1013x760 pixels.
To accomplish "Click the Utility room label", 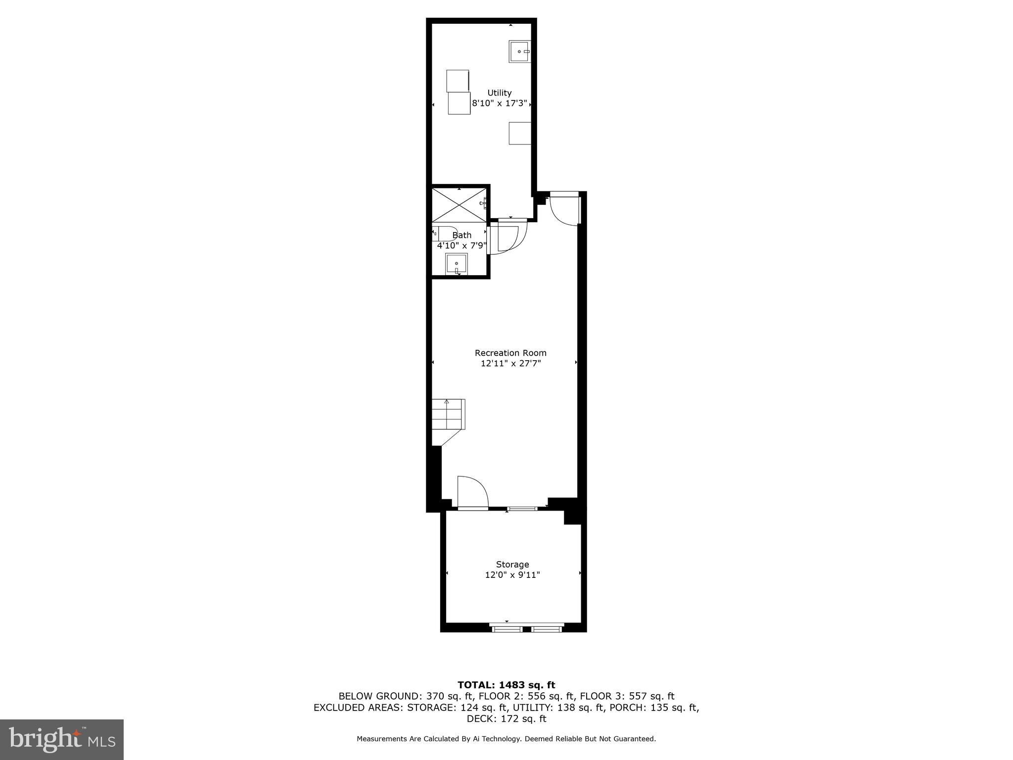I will (499, 93).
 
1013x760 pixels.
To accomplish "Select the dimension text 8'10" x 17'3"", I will (500, 104).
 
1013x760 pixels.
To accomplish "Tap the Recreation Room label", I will (510, 353).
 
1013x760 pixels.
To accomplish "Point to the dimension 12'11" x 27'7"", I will (510, 364).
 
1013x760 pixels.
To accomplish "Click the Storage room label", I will (512, 565).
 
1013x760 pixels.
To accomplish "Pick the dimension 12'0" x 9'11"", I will (512, 575).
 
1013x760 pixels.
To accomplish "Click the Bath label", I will (462, 235).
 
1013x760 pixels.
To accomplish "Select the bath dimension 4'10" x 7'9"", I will (462, 245).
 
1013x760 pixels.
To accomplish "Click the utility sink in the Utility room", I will (519, 51).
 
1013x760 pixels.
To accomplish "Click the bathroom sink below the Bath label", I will (456, 264).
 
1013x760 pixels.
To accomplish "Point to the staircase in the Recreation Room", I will (448, 415).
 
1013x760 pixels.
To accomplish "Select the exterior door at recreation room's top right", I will (564, 210).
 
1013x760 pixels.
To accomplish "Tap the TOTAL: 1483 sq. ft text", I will (506, 685).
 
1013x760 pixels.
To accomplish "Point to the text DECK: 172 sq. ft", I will (506, 718).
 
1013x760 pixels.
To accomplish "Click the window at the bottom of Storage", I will (526, 629).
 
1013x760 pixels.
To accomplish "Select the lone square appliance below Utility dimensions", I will (520, 133).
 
